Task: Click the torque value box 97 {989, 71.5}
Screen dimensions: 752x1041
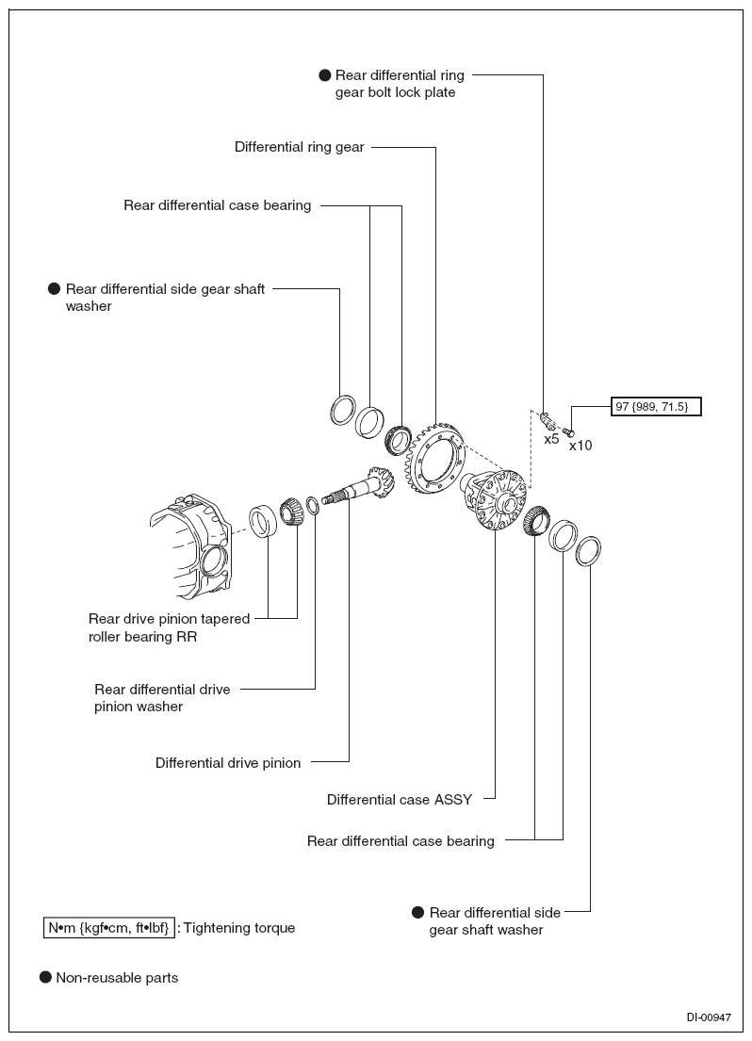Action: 656,406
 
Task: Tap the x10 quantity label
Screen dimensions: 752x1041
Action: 580,446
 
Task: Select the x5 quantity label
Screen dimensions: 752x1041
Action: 551,439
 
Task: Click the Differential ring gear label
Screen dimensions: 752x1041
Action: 299,147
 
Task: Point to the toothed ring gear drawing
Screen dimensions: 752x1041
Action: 434,466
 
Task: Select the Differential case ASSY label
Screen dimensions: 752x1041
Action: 400,799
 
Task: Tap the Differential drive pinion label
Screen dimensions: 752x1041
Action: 228,763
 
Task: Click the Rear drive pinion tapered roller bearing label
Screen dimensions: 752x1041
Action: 169,627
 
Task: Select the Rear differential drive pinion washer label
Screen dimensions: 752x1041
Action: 162,698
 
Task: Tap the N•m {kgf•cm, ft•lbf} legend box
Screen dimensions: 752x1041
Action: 109,927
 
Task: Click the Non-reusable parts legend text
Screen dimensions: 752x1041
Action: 117,977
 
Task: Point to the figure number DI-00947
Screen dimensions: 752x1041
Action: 709,1017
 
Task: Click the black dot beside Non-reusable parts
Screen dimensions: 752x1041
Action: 45,977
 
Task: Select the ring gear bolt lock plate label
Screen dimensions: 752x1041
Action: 400,84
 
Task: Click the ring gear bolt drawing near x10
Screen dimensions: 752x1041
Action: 568,432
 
